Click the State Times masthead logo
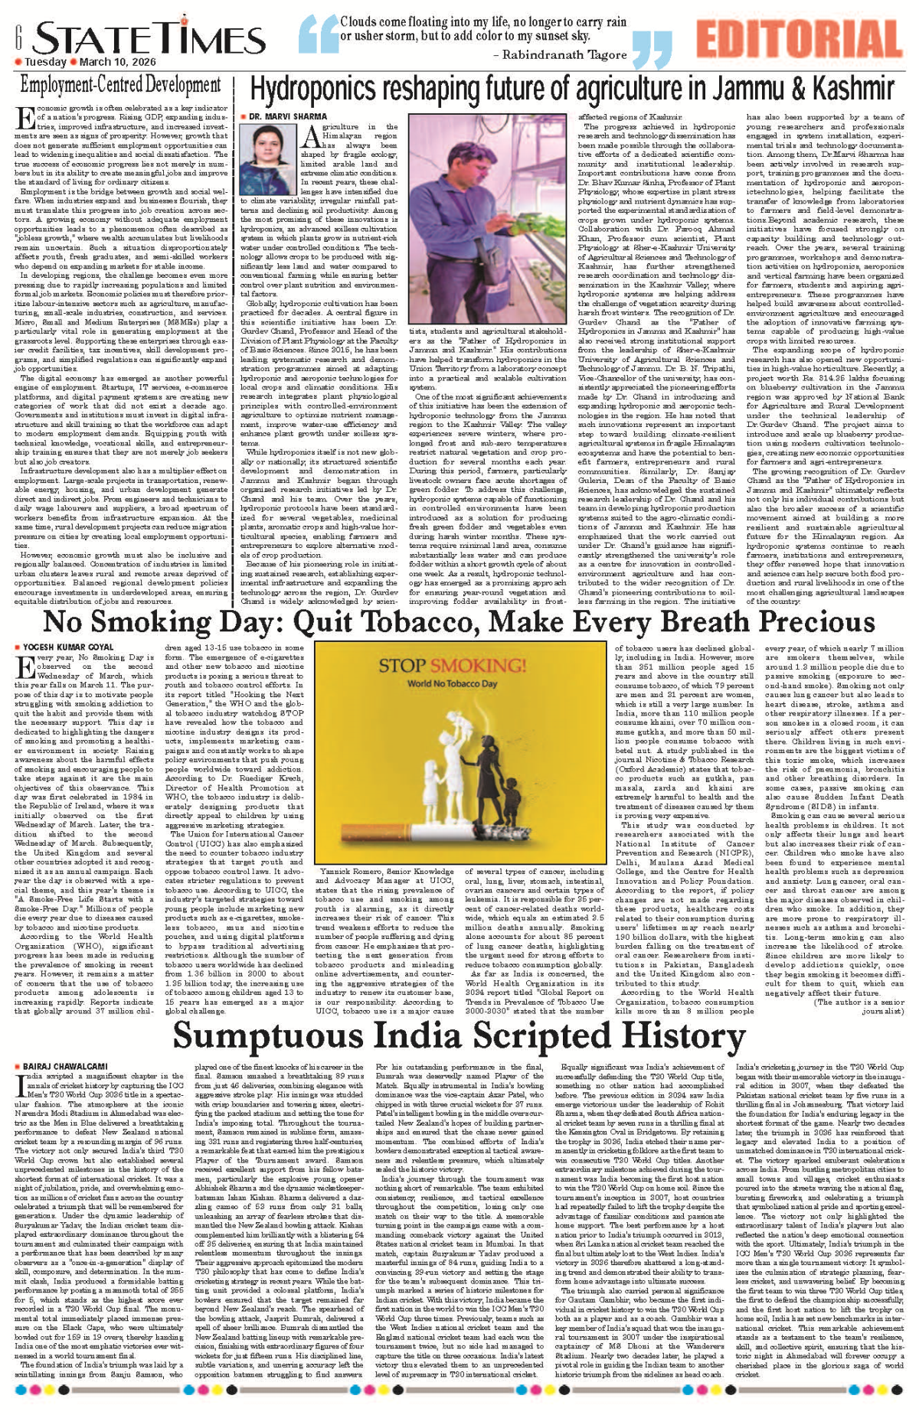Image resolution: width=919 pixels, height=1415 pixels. (149, 38)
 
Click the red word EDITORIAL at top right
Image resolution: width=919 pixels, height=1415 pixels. (798, 38)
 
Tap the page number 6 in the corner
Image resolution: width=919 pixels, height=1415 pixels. (17, 35)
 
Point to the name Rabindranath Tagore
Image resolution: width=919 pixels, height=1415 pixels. (564, 54)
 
